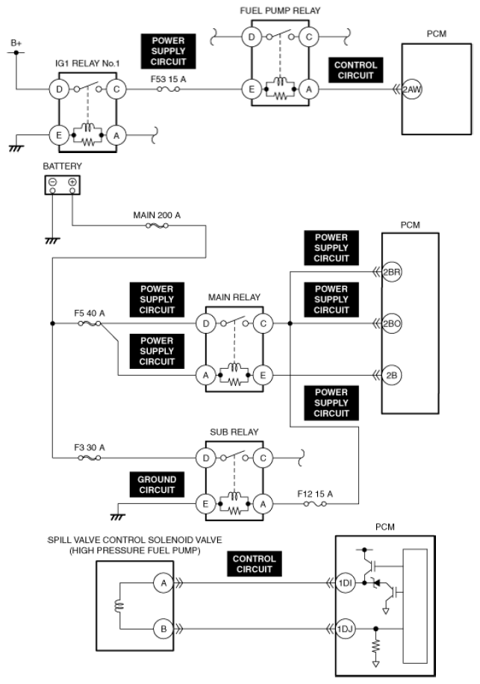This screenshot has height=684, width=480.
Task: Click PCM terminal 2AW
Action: [412, 90]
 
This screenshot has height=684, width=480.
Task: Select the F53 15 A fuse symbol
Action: [168, 90]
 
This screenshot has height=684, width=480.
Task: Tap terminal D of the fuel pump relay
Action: [252, 37]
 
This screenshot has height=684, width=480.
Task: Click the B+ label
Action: [16, 43]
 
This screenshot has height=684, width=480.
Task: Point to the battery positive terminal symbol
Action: [72, 182]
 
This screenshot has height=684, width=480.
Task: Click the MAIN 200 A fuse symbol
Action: [157, 226]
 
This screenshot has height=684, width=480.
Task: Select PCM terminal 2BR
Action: [391, 273]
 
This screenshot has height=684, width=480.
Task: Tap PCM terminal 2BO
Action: [391, 323]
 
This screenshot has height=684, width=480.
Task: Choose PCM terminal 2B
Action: [391, 375]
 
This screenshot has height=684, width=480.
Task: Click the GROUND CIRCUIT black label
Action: [157, 485]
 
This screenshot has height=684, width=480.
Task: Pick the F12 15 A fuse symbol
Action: [315, 504]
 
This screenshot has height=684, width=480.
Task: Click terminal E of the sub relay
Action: [205, 504]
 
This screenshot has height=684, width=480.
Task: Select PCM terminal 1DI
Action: [346, 582]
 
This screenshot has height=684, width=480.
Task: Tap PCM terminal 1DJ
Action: [346, 629]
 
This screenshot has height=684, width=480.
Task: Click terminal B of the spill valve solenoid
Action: [163, 629]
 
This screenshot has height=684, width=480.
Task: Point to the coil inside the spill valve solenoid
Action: [119, 606]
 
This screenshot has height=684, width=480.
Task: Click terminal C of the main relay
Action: [263, 323]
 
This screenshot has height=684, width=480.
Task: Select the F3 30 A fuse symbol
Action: [90, 458]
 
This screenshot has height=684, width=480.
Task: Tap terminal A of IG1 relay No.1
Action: [116, 135]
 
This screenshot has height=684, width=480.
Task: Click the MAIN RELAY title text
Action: [234, 297]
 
